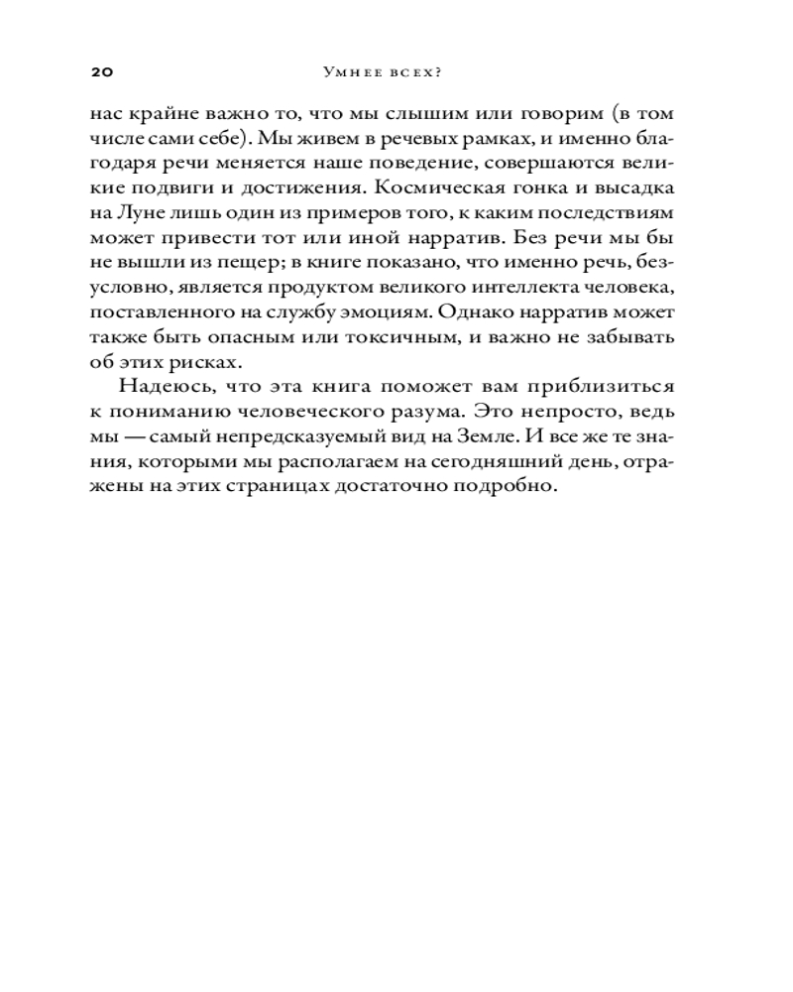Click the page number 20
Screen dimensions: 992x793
103,72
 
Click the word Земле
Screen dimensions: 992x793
516,435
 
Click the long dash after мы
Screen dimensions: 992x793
131,435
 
